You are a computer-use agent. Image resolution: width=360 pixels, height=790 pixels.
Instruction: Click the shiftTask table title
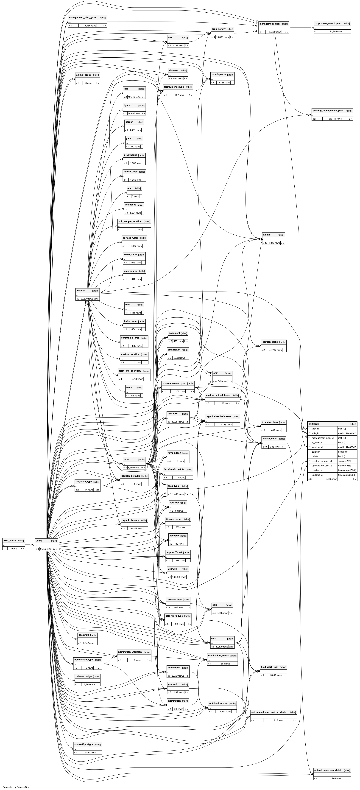[314, 424]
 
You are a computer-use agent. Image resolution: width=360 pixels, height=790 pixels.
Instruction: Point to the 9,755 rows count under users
[45, 549]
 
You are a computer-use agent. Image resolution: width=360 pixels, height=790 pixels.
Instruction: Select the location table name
[81, 290]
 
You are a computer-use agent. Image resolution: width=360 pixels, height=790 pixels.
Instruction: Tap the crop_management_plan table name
[327, 23]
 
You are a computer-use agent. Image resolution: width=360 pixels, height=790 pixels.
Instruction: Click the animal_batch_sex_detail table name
[327, 770]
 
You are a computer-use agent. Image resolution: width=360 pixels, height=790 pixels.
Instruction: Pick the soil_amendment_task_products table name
[269, 712]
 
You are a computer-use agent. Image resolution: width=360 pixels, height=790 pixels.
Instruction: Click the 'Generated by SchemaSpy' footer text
[16, 787]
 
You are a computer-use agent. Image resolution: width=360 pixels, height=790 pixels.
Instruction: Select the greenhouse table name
[130, 155]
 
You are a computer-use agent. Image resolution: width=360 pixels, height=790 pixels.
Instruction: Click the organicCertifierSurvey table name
[218, 416]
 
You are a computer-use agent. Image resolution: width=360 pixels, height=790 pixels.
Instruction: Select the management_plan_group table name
[83, 17]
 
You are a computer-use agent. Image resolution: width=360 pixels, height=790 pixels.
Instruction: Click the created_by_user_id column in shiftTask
[321, 461]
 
